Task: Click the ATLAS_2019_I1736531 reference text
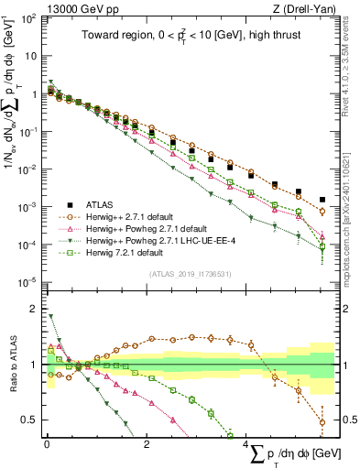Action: (x=191, y=274)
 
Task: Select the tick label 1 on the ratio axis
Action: (x=35, y=365)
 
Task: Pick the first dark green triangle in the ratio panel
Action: (x=51, y=317)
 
